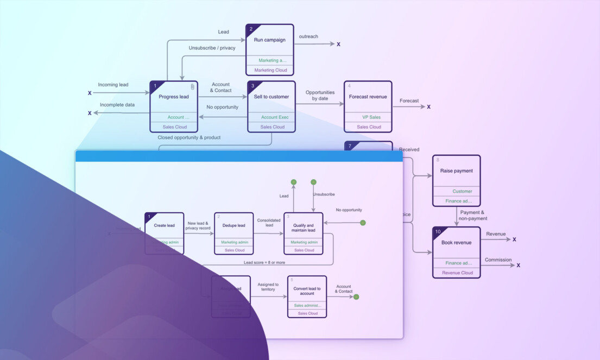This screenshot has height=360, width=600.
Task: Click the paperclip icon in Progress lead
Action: click(192, 87)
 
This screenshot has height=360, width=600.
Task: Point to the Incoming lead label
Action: click(113, 85)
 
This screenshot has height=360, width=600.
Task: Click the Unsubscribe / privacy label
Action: click(212, 48)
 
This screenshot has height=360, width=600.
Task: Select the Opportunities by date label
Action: click(320, 96)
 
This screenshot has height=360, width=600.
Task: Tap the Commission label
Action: click(498, 260)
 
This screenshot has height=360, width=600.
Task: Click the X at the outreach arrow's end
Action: click(338, 44)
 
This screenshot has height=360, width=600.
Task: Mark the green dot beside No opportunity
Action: click(363, 223)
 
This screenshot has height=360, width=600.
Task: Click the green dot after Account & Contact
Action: click(356, 296)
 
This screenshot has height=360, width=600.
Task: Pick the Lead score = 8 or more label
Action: click(264, 262)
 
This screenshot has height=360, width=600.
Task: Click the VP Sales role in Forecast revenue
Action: click(371, 117)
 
